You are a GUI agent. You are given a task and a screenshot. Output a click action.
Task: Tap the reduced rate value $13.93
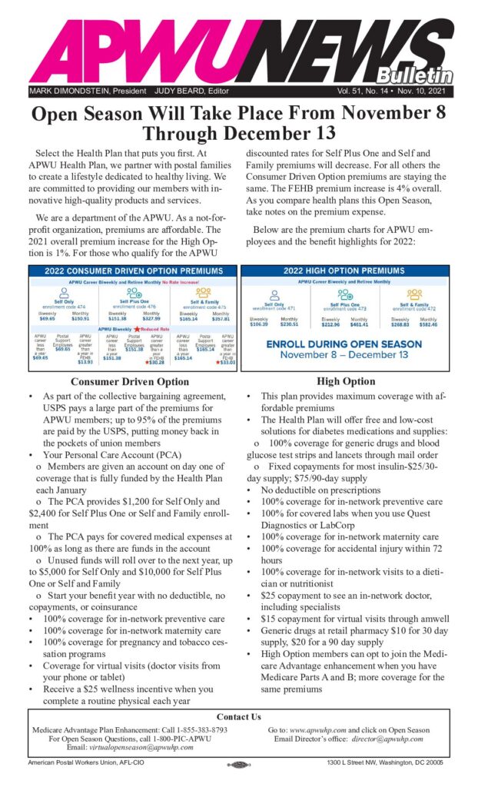(85, 362)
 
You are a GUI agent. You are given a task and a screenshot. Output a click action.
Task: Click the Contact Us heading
(238, 717)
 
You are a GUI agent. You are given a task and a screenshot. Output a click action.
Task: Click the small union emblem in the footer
(238, 765)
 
